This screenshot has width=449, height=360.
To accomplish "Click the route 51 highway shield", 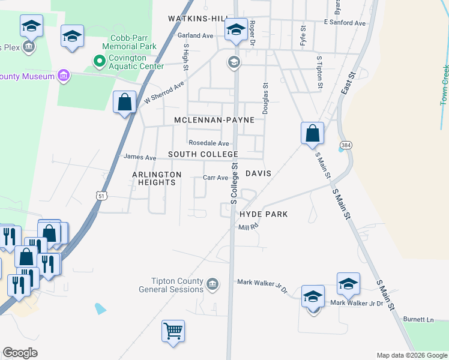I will point(101,196).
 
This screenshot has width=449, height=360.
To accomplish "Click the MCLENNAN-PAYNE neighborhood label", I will point(214,120).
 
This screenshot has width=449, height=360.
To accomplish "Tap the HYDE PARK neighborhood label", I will point(264,214).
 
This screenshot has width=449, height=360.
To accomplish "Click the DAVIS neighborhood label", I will point(259,173).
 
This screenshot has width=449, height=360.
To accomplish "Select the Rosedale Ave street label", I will point(209,143).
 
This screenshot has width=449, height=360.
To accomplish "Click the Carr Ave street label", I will point(215,178).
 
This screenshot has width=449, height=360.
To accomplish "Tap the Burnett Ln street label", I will point(418,319).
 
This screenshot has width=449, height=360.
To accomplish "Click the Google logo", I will point(20,353).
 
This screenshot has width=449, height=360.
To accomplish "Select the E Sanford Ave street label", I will point(345,23).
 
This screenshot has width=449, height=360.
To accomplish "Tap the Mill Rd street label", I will point(247,227).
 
